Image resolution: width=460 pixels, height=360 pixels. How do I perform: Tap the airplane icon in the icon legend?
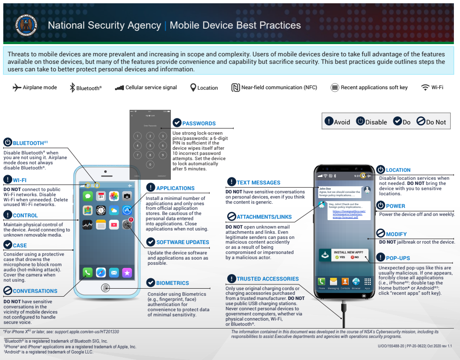pos(17,87)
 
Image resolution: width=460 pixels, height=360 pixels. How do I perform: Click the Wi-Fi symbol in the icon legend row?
pos(425,87)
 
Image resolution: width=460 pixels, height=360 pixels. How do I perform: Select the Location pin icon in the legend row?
pos(193,87)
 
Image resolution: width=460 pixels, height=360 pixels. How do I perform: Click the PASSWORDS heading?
pos(199,123)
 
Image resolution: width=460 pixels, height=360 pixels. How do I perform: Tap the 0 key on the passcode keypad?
pos(150,164)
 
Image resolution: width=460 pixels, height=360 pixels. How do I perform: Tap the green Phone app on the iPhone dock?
pos(87,272)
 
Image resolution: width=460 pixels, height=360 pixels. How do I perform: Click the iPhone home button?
pos(106,287)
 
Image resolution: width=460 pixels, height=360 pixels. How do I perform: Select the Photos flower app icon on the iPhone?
pos(114,196)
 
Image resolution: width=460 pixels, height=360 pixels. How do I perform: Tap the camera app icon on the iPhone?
pos(127,196)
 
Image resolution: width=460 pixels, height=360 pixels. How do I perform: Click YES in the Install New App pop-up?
pos(340,257)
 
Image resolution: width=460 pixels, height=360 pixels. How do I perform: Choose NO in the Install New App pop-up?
pos(355,257)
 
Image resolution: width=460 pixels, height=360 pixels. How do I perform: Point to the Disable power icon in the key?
pos(360,121)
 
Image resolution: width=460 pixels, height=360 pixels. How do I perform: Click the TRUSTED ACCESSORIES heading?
pos(268,279)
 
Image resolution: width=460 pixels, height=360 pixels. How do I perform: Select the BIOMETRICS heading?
pos(173,283)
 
